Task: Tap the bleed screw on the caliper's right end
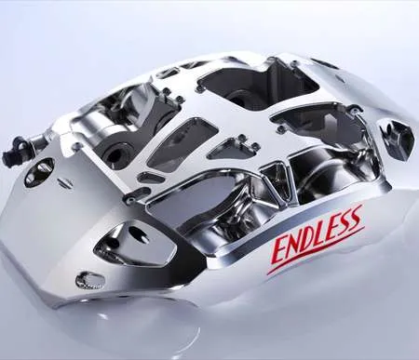click(403, 138)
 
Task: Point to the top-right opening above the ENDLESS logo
click(321, 122)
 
